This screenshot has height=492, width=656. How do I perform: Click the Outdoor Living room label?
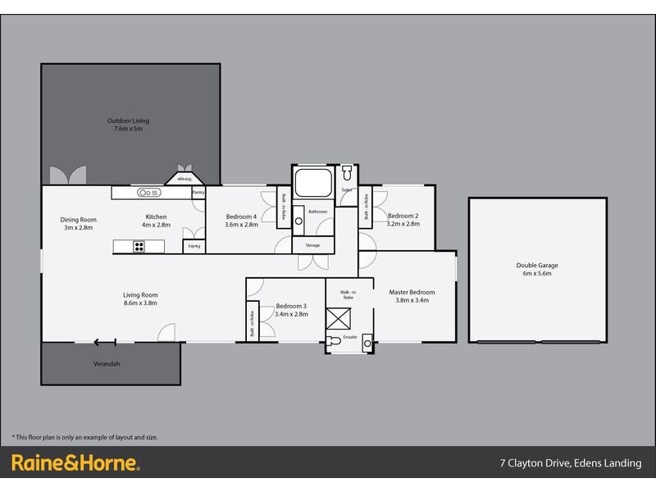(x=128, y=121)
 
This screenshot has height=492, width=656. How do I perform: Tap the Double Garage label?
(x=537, y=265)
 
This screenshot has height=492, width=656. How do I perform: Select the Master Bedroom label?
(x=412, y=292)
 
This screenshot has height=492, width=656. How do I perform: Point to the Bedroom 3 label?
(x=291, y=305)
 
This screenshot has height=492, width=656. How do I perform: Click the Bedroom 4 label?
(x=242, y=216)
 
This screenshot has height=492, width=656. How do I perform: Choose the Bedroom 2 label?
(x=403, y=216)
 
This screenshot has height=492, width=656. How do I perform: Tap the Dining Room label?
(x=79, y=219)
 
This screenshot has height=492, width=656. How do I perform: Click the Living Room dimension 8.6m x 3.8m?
(x=140, y=303)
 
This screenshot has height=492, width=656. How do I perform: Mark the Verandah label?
(x=107, y=363)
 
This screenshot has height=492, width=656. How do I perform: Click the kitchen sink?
(x=148, y=193)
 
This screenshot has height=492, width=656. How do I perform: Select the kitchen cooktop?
(x=139, y=245)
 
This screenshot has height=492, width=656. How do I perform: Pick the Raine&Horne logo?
(x=75, y=463)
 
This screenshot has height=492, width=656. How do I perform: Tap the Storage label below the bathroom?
(x=312, y=244)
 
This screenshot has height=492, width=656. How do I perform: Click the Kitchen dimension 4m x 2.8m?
(x=156, y=224)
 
